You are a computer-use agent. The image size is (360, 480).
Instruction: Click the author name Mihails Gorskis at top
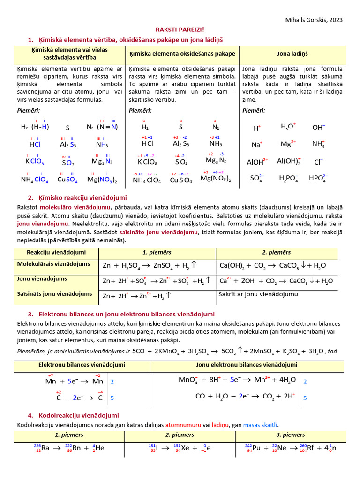point(314,20)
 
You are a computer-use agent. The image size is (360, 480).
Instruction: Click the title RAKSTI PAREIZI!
point(180,29)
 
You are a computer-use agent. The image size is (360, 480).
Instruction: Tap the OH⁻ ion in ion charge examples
point(319,127)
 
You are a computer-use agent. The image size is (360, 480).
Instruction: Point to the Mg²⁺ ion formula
point(288,144)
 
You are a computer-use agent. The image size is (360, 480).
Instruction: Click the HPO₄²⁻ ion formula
point(318,178)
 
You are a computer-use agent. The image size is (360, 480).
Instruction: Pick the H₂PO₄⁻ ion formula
point(288,178)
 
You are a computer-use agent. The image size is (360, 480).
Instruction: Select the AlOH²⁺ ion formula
point(257,162)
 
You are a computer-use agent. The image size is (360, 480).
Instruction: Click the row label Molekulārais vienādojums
point(54,264)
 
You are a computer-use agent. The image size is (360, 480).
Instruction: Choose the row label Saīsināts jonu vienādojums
point(55,294)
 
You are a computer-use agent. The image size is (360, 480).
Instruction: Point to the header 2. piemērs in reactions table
point(276,252)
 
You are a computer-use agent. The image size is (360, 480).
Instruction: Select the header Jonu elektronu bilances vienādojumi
point(247,365)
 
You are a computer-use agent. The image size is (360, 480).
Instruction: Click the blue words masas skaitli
point(261,424)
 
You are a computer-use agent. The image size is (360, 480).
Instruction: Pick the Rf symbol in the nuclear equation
point(311,448)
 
